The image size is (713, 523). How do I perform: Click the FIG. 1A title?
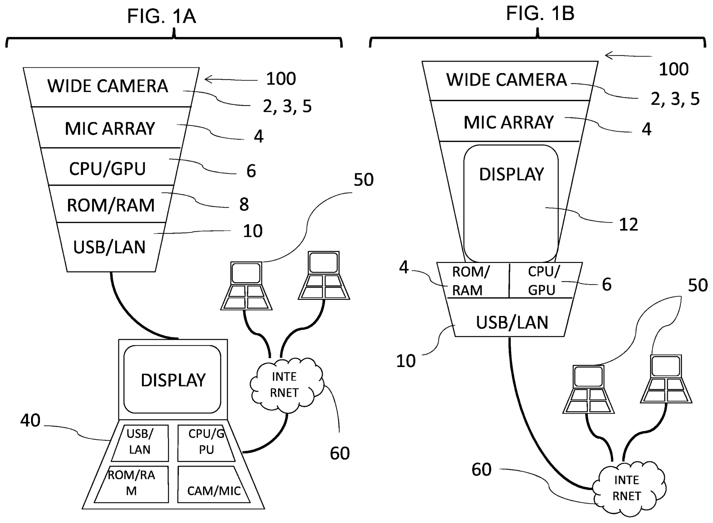(162, 16)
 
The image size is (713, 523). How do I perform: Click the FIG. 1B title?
(540, 14)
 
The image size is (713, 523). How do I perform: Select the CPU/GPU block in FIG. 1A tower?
(107, 169)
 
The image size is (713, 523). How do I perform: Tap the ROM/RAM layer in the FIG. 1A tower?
(111, 205)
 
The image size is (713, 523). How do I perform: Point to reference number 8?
(244, 204)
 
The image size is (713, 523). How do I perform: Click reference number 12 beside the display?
(628, 224)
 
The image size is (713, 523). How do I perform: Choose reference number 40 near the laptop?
(30, 420)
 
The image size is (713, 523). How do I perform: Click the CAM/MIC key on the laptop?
(214, 490)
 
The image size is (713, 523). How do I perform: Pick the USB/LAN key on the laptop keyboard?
(140, 442)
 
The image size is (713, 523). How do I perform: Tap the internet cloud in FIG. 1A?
(284, 385)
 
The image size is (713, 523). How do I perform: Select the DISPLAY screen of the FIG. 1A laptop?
(173, 380)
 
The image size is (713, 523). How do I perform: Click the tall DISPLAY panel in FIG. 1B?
(511, 203)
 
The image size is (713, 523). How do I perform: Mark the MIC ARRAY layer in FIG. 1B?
(508, 122)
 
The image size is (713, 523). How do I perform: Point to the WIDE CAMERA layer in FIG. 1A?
(108, 86)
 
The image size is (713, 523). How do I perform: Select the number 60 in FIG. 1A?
(340, 453)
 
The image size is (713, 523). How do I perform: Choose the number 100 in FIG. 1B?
(673, 69)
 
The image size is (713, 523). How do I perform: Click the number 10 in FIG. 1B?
(406, 361)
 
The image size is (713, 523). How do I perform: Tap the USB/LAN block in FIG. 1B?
(512, 322)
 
